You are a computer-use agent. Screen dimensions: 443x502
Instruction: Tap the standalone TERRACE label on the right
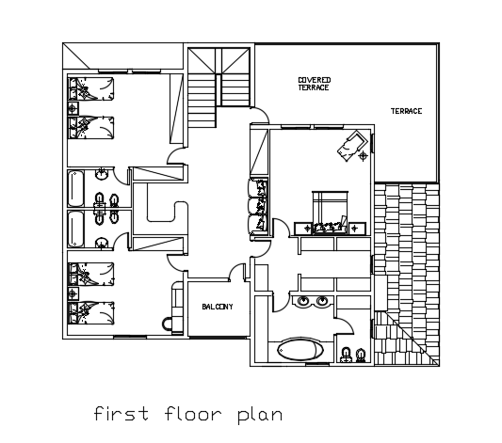point(407,111)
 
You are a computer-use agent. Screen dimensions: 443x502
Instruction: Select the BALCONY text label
point(218,307)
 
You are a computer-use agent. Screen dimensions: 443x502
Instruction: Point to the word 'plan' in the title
point(258,414)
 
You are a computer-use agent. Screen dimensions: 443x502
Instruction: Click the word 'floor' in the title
point(192,413)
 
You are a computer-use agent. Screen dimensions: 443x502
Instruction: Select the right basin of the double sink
point(323,302)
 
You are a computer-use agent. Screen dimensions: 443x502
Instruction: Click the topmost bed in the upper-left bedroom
point(91,89)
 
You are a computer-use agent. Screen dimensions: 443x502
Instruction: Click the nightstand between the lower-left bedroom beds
point(73,293)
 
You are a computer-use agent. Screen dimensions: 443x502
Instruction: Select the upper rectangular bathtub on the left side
point(76,186)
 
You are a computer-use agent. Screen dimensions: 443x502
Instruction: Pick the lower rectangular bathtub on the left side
point(76,229)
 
